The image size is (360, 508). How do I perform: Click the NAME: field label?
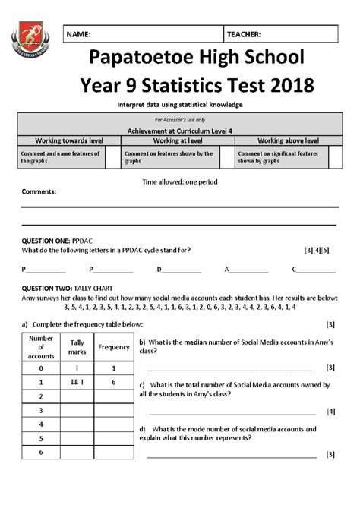pyautogui.click(x=79, y=35)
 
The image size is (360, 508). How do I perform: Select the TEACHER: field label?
pyautogui.click(x=244, y=35)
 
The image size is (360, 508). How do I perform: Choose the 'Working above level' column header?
pyautogui.click(x=288, y=140)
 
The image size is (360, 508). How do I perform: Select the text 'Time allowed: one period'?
pyautogui.click(x=180, y=183)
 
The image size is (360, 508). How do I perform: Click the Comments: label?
pyautogui.click(x=39, y=192)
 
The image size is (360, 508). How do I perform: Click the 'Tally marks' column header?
pyautogui.click(x=77, y=347)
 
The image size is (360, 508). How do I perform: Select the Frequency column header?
pyautogui.click(x=114, y=347)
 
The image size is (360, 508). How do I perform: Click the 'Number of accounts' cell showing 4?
pyautogui.click(x=41, y=424)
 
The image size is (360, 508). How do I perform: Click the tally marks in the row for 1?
pyautogui.click(x=77, y=383)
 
